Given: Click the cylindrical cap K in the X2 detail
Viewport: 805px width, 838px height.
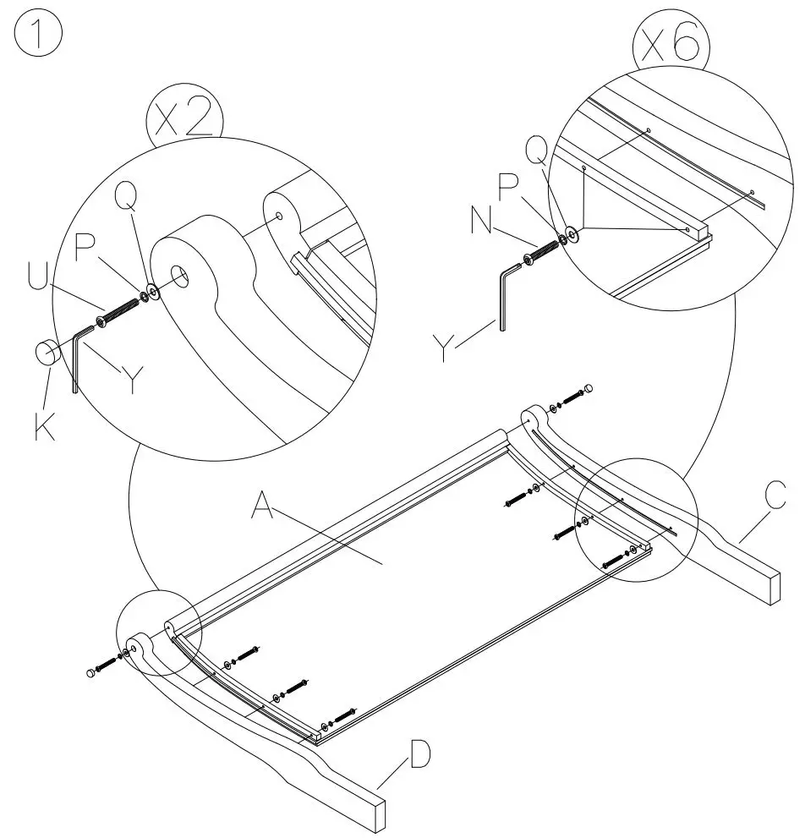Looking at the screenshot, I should [x=47, y=352].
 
